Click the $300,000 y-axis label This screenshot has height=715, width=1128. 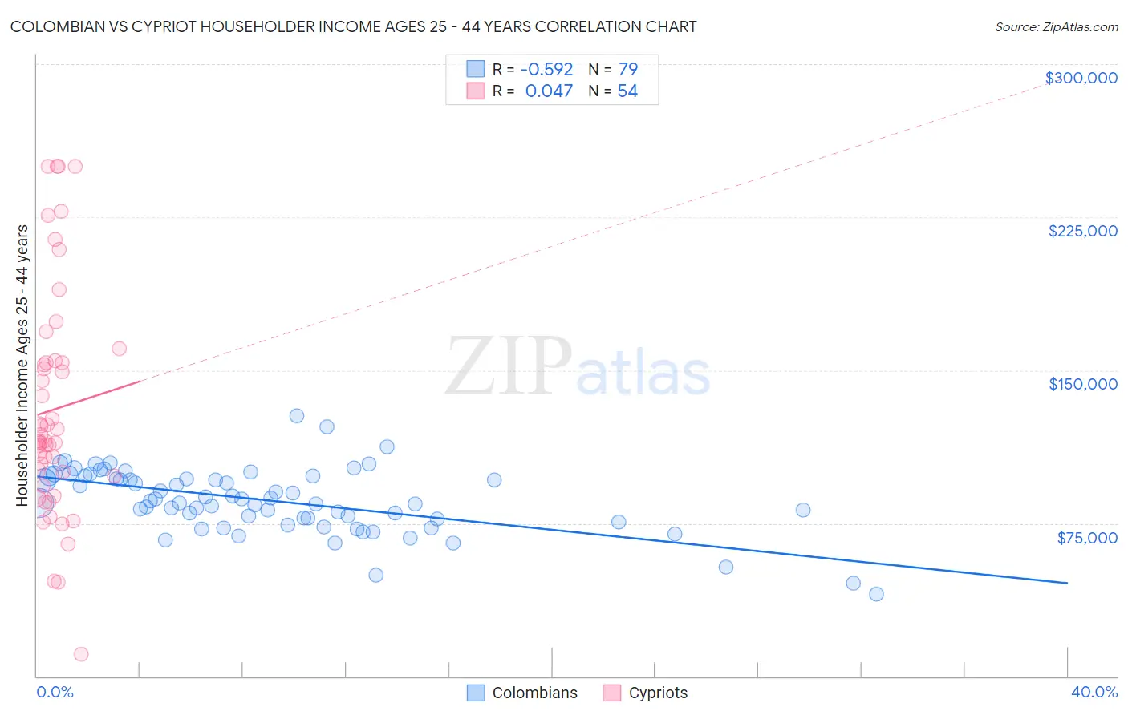(1081, 78)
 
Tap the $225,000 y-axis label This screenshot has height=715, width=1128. (1082, 231)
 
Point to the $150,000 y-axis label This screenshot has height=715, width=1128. (1082, 384)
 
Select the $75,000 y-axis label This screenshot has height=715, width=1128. (1086, 538)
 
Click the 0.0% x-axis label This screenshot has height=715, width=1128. (55, 692)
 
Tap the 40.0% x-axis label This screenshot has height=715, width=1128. (1094, 692)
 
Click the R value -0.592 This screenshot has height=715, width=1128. (547, 70)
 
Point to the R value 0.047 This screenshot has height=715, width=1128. (549, 91)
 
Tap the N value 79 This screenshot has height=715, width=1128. (627, 70)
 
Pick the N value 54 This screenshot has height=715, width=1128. (627, 91)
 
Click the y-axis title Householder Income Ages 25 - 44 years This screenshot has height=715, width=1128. (22, 366)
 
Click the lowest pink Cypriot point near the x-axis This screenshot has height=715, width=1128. (81, 654)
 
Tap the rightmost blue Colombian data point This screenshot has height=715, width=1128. (876, 594)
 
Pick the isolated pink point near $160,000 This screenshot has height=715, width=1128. (120, 349)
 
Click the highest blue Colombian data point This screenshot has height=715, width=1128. (297, 416)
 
